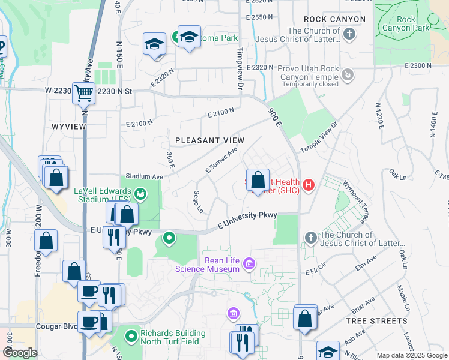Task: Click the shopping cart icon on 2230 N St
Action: pos(83,93)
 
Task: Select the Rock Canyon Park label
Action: pos(398,23)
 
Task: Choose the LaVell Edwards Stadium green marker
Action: pos(140,193)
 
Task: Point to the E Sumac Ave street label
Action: pos(221,160)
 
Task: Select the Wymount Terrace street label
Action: pos(357,199)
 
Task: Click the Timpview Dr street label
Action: pos(240,69)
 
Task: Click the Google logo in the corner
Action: pos(20,352)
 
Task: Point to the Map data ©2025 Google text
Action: pos(411,355)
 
